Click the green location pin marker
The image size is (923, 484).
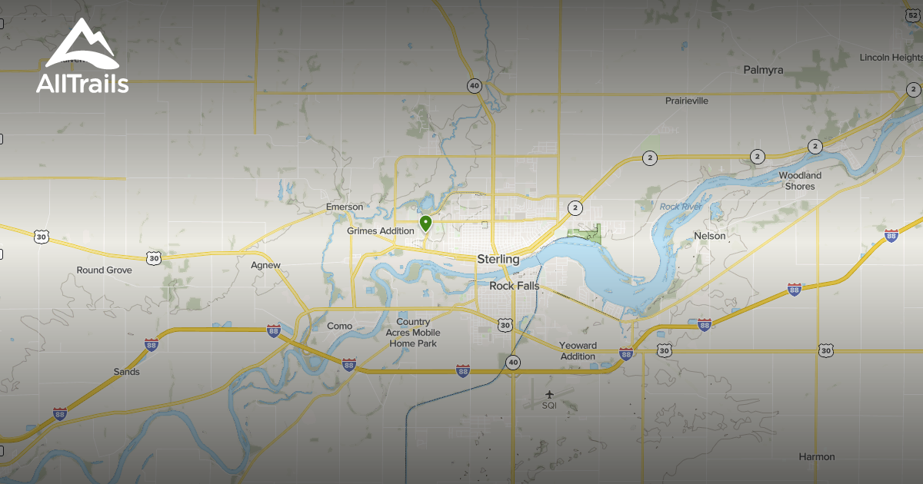click(x=425, y=223)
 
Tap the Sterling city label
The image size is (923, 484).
click(x=498, y=259)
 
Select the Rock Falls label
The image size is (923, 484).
click(x=515, y=286)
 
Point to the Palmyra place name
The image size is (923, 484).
click(x=763, y=70)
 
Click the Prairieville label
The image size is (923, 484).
click(x=686, y=101)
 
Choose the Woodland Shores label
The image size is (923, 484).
click(x=800, y=181)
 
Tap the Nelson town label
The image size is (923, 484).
click(x=709, y=236)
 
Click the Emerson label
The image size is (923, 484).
click(x=344, y=207)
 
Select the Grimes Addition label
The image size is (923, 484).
click(x=380, y=230)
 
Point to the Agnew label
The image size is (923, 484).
click(x=265, y=265)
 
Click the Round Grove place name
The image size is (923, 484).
click(x=104, y=270)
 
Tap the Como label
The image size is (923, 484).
click(x=339, y=326)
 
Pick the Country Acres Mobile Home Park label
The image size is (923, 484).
click(x=413, y=333)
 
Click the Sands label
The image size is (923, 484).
click(x=127, y=372)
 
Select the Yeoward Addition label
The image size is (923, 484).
click(x=578, y=351)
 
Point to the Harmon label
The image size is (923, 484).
click(x=816, y=456)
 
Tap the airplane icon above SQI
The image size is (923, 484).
click(x=548, y=395)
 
